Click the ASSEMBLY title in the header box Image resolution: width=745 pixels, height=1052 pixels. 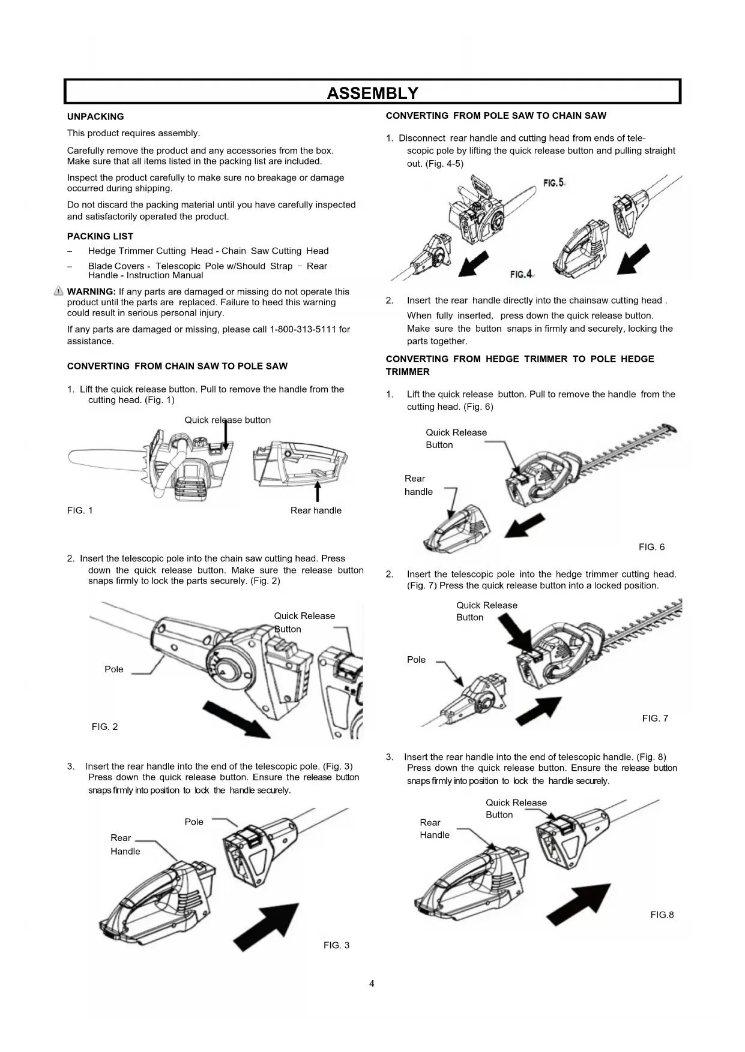[372, 93]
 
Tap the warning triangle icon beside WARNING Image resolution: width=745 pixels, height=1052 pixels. [59, 291]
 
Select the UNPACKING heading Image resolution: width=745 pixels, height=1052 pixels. [95, 117]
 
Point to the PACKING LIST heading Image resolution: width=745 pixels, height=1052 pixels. [100, 236]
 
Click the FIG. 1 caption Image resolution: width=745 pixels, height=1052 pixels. [80, 510]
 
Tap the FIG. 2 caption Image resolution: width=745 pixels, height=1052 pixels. [104, 727]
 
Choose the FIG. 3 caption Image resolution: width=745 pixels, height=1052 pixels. [336, 945]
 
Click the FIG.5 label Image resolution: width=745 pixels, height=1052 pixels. [553, 182]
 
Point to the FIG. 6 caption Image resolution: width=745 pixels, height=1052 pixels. [651, 547]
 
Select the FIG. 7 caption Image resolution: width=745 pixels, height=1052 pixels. [655, 719]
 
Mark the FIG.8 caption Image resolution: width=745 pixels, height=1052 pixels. [662, 915]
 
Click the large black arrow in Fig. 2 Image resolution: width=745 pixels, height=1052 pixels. [236, 719]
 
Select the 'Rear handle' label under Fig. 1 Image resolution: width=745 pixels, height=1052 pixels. [316, 510]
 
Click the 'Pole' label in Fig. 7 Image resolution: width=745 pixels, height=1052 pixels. [416, 660]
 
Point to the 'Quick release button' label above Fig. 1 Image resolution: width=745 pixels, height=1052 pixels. [228, 420]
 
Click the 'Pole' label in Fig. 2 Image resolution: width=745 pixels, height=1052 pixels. [113, 669]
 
